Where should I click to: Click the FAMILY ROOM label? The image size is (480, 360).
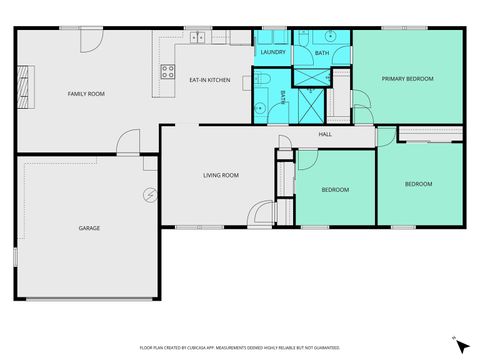tap(86, 94)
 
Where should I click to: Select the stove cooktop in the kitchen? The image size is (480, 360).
tap(167, 71)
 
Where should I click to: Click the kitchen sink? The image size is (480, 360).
tap(198, 39)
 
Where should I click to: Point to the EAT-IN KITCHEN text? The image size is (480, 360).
tap(210, 79)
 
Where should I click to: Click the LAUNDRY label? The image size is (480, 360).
tap(273, 52)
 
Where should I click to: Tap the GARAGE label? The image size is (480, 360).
tap(89, 228)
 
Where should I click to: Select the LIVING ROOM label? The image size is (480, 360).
tap(220, 176)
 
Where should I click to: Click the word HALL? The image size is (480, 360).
tap(325, 135)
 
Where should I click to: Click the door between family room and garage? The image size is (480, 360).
tap(126, 144)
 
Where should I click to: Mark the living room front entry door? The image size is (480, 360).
tap(262, 214)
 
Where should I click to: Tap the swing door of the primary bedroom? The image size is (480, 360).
tap(361, 101)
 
